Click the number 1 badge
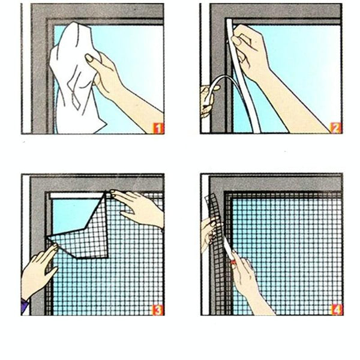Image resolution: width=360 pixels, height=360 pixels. click(x=158, y=128)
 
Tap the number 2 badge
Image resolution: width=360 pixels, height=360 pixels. click(x=337, y=128)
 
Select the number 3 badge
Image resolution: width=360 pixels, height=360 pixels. click(x=158, y=310)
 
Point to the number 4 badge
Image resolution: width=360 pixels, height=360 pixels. click(x=337, y=310)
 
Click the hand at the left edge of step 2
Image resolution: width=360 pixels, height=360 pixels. click(x=208, y=99)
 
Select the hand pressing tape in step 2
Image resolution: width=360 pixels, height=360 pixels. click(x=249, y=51)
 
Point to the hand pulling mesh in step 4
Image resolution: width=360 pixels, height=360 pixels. click(x=208, y=231)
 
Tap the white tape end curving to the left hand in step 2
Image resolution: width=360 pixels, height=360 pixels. click(x=218, y=90)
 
